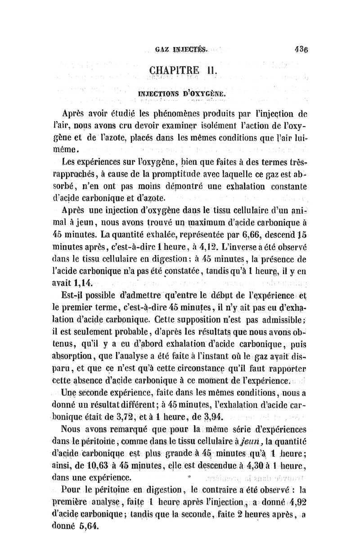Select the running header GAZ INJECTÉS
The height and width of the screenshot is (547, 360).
(178, 51)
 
